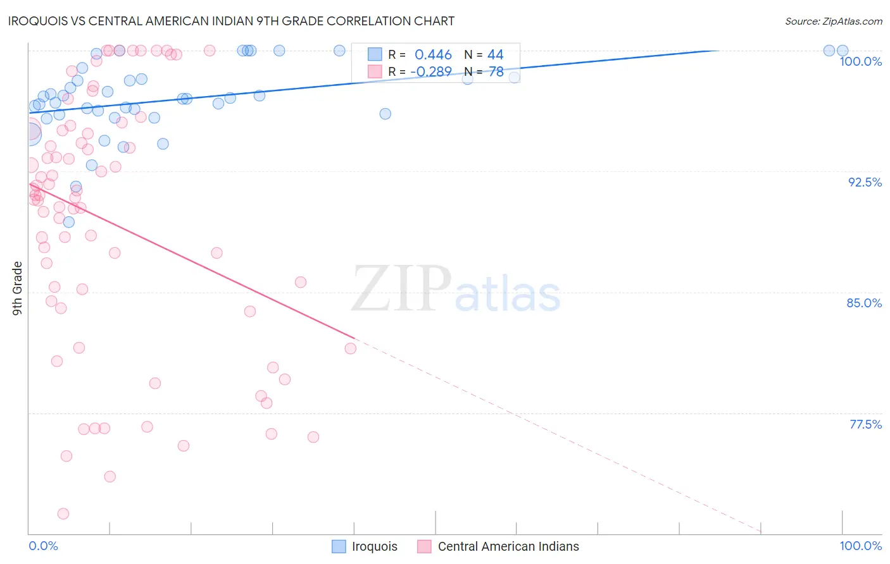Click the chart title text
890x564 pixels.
pos(231,21)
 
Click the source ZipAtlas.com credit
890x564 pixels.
pos(833,21)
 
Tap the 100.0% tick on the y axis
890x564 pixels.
pos(860,61)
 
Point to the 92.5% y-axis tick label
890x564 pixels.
pos(865,182)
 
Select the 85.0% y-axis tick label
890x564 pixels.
pos(864,303)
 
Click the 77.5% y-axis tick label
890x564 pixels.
pos(865,424)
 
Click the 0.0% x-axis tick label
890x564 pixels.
pos(43,546)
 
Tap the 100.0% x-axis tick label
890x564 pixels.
pos(860,546)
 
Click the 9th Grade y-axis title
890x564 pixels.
pos(18,288)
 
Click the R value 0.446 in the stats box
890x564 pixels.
pos(433,55)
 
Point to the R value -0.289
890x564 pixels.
pos(431,71)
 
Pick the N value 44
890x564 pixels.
pos(495,55)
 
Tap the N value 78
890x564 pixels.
pos(496,71)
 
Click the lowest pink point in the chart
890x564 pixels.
pos(63,513)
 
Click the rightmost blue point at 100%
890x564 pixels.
pos(843,51)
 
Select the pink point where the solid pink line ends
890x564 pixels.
pos(350,348)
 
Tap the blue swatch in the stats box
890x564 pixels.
pos(375,54)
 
